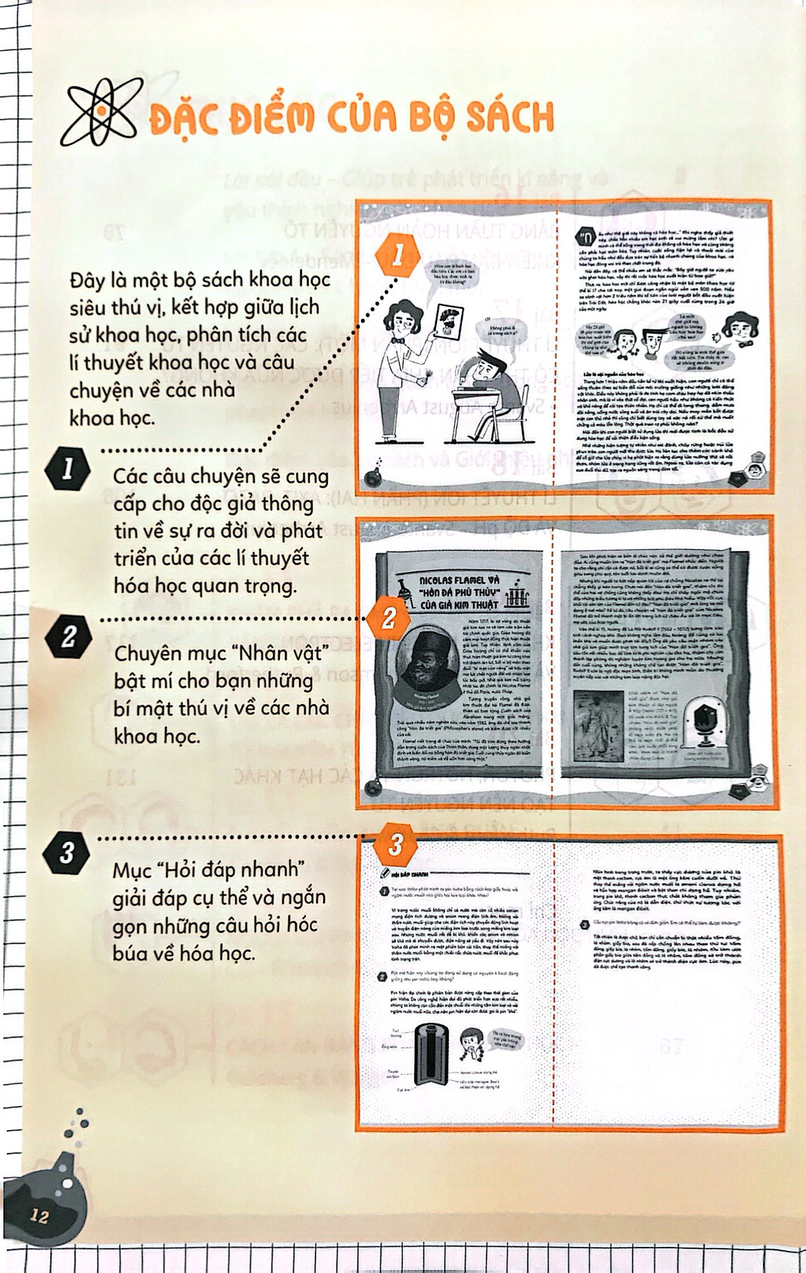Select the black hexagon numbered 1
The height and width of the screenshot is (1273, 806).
[68, 469]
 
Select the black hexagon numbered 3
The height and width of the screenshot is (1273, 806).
[67, 853]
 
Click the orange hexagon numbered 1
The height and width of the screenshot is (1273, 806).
[398, 257]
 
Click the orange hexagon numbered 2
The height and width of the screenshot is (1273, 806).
[388, 620]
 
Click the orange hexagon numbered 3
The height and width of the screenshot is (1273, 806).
[395, 845]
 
